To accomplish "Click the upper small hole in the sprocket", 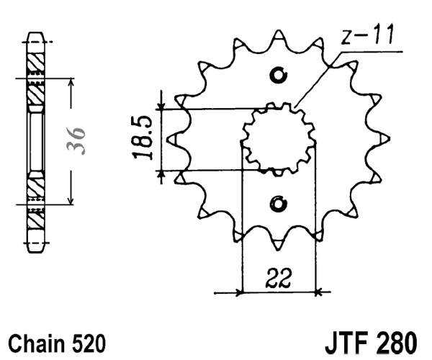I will pos(279,74).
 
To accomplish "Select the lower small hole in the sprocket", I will pos(279,204).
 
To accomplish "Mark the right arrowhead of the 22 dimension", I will pos(319,292).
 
